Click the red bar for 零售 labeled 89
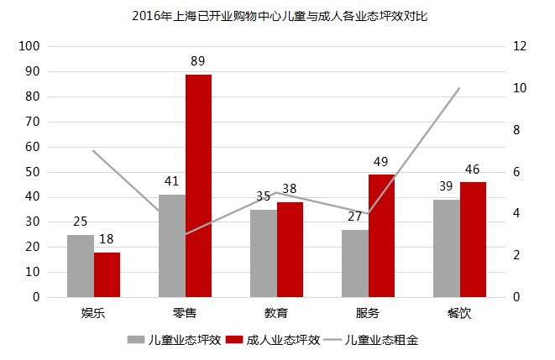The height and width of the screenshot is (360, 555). [198, 185]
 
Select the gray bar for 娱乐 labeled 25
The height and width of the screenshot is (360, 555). [81, 265]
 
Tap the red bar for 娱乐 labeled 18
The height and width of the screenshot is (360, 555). [107, 274]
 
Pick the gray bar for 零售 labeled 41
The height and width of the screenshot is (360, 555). [171, 246]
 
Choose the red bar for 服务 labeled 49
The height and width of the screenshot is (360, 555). [381, 236]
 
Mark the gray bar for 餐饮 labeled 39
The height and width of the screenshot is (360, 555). [446, 248]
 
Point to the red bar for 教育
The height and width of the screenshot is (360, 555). [290, 249]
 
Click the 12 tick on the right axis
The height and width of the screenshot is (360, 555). [520, 46]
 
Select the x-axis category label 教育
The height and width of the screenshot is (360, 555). [276, 314]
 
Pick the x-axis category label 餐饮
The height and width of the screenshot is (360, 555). [459, 314]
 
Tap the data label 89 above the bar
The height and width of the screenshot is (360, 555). [198, 61]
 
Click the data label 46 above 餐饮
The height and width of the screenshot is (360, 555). [473, 170]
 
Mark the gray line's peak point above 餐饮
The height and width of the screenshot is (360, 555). [459, 88]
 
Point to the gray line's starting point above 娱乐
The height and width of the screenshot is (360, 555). [93, 151]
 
